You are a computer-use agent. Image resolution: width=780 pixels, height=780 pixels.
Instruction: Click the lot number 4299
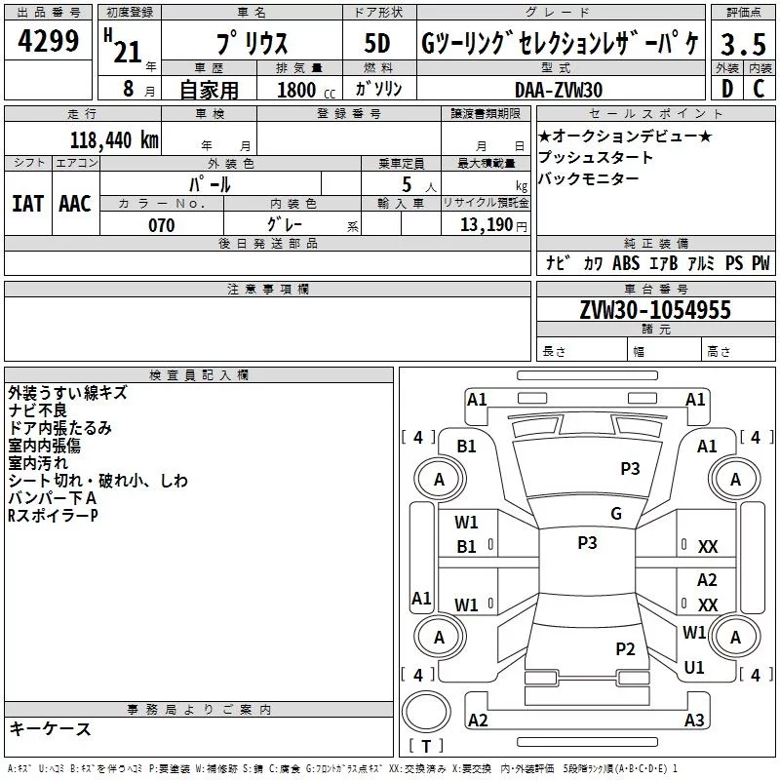(x=48, y=41)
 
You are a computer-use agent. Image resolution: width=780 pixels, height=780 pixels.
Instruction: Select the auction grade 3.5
(x=743, y=44)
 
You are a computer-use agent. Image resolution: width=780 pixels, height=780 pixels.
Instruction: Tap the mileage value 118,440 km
(x=114, y=140)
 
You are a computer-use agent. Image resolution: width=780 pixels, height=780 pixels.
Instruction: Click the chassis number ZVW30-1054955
(x=655, y=309)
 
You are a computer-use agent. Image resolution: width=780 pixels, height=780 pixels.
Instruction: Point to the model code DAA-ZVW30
(x=559, y=90)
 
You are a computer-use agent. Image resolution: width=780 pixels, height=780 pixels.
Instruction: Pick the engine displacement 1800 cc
(x=306, y=90)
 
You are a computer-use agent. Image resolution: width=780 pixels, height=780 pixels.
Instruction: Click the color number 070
(x=162, y=225)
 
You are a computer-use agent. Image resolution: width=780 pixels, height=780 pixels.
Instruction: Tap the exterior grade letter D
(x=727, y=89)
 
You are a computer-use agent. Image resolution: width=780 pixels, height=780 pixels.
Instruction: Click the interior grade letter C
(x=759, y=89)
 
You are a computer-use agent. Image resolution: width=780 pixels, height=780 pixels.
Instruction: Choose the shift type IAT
(x=28, y=204)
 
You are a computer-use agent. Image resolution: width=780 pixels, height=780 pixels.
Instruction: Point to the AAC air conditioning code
(x=75, y=204)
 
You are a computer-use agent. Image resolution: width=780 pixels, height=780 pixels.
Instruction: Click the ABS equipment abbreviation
(x=626, y=262)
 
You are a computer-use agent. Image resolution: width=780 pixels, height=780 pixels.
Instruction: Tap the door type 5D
(x=377, y=43)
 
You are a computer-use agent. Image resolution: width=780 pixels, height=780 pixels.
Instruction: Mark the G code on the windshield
(x=616, y=514)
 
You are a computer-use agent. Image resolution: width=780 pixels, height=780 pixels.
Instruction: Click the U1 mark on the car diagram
(x=694, y=668)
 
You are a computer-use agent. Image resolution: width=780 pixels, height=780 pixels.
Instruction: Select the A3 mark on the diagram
(x=694, y=720)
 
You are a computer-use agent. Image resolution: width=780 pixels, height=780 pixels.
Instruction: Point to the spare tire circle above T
(x=426, y=712)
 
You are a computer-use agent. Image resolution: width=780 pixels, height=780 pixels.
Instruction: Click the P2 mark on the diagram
(x=625, y=648)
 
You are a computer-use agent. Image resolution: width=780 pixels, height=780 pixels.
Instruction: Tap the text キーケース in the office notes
(x=51, y=728)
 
